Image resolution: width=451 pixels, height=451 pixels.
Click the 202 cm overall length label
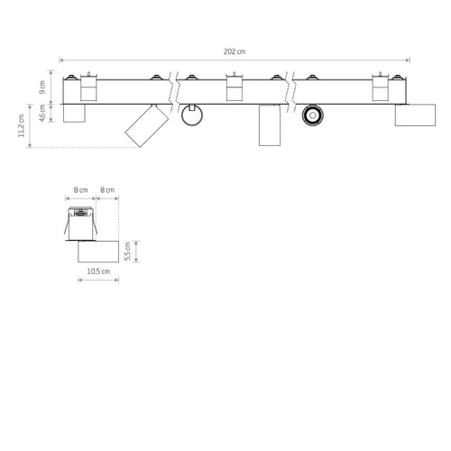click(235, 51)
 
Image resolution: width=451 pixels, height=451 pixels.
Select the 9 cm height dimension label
click(42, 87)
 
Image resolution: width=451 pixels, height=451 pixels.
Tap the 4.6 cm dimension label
click(42, 113)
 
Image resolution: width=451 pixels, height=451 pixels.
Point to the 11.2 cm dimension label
click(21, 125)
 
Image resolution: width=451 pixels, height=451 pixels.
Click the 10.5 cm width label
click(98, 272)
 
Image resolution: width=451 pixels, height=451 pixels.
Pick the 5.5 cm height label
click(127, 252)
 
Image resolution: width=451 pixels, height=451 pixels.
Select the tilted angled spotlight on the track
click(147, 125)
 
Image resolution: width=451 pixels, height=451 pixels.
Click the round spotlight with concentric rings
click(313, 115)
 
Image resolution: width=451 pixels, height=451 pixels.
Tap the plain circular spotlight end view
click(192, 115)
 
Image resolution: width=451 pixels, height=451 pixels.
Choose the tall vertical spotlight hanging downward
click(270, 125)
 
